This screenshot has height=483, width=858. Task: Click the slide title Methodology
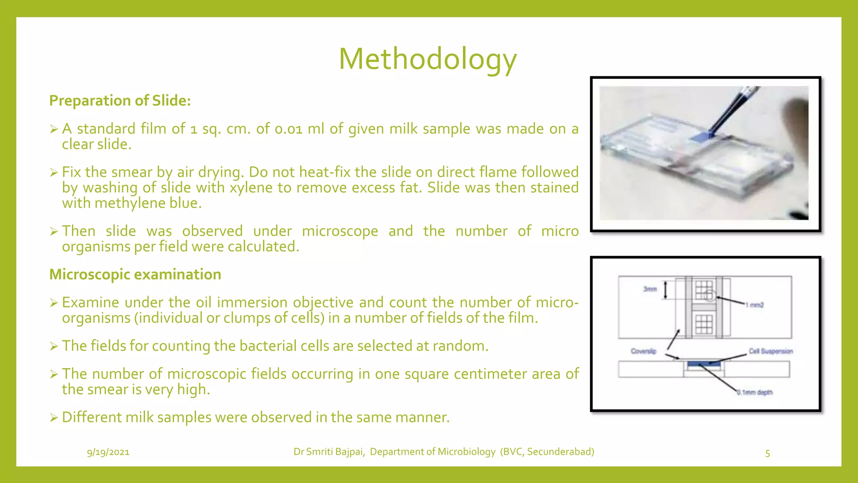tap(428, 59)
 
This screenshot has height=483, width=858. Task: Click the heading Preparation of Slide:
tap(120, 101)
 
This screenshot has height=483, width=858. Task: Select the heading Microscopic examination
tap(135, 274)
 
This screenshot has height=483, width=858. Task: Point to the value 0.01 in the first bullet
tap(288, 129)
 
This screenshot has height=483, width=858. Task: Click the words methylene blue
tap(148, 203)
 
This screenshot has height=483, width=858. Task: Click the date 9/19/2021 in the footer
tap(108, 452)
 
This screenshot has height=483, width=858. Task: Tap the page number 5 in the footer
tap(768, 453)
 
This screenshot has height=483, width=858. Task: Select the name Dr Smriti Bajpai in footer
tap(329, 452)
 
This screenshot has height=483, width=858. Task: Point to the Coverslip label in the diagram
tap(643, 351)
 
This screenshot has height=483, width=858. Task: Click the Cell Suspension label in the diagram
tap(770, 351)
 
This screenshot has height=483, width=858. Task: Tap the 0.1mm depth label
tap(755, 392)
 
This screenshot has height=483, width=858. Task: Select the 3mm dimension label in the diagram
tap(650, 289)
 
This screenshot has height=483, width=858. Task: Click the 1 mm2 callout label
tap(755, 305)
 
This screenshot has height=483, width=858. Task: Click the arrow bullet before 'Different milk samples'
tap(53, 418)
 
